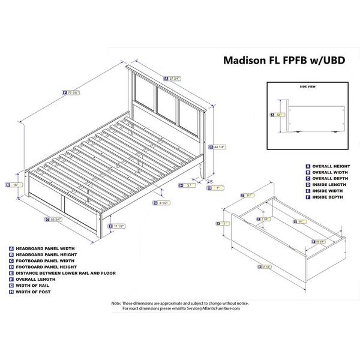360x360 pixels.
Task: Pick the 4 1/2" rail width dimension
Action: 161,202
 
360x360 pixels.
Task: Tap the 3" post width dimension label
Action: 187,186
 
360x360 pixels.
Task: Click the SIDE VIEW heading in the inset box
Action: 307,88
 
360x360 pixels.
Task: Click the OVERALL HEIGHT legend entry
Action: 331,165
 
